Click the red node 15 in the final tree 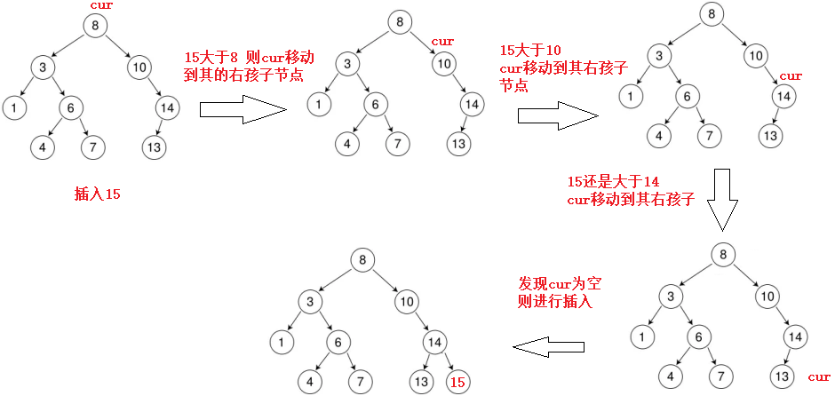click(x=457, y=383)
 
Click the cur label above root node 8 click(x=101, y=7)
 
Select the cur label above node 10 click(x=442, y=42)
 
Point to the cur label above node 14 click(x=790, y=76)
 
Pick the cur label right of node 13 click(x=819, y=377)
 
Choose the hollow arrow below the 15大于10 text click(x=558, y=115)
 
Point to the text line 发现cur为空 click(x=560, y=284)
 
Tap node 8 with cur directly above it click(x=95, y=25)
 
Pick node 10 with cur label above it click(x=444, y=62)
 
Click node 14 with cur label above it click(x=783, y=97)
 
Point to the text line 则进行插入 click(x=555, y=302)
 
